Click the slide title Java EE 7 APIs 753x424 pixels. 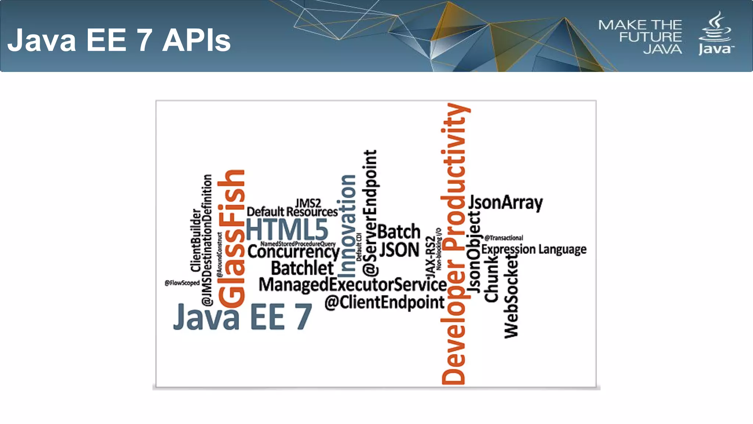click(119, 40)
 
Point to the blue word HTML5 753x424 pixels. click(287, 229)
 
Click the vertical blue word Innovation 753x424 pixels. click(347, 226)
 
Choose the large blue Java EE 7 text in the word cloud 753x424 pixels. click(243, 317)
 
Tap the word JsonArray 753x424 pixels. click(506, 203)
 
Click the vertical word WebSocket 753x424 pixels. click(511, 296)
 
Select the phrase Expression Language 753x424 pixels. click(534, 250)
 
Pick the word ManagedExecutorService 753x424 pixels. click(352, 285)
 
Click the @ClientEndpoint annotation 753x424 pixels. click(384, 303)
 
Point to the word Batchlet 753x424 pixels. click(302, 268)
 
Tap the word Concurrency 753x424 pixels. click(293, 252)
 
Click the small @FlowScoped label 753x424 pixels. click(182, 283)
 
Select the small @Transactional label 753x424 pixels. click(504, 238)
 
